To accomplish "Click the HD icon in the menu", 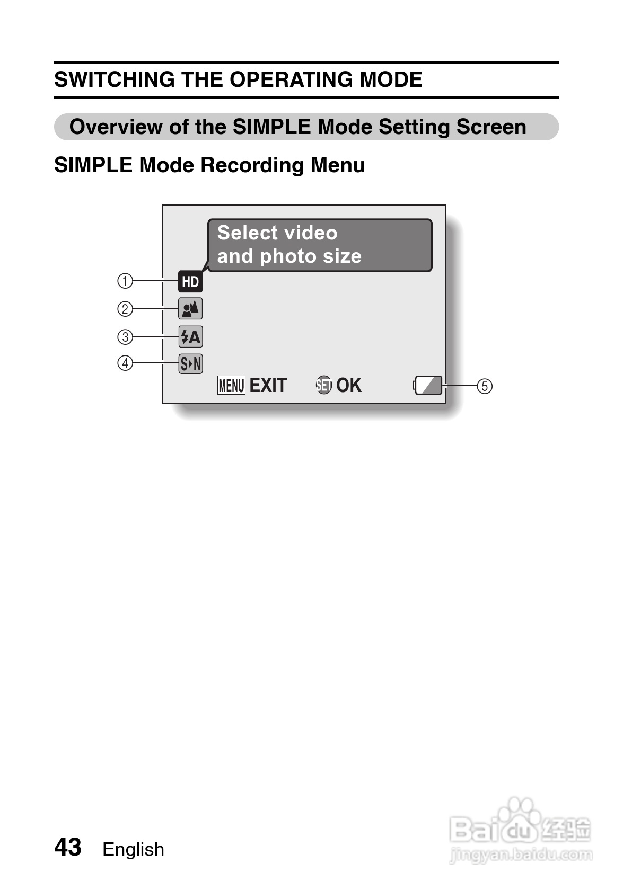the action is (x=190, y=281).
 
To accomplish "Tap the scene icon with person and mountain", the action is (x=190, y=309).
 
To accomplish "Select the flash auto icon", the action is (x=190, y=336).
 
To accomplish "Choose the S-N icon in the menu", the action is (x=190, y=363).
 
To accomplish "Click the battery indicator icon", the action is (x=428, y=386).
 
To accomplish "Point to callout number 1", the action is (x=125, y=281).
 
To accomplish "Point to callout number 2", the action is (x=125, y=309).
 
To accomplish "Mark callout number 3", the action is (x=125, y=337).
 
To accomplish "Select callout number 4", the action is (x=125, y=363).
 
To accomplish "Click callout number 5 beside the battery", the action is (x=484, y=386).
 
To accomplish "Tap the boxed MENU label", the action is (x=231, y=386).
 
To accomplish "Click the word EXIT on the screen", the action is (x=268, y=386).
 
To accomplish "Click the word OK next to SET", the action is (x=349, y=385).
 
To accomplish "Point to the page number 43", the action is (x=68, y=847).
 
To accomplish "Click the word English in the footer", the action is (x=133, y=849).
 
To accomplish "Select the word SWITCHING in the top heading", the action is (x=115, y=80).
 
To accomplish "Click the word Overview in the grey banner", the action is (x=116, y=127).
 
